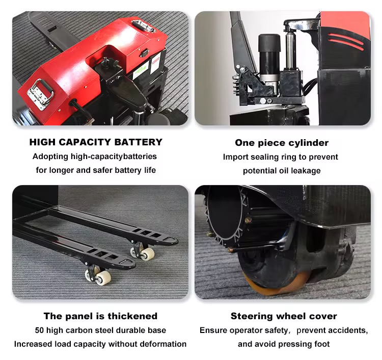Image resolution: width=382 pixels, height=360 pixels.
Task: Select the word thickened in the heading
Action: click(x=132, y=316)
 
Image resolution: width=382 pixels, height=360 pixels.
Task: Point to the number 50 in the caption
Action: click(x=39, y=330)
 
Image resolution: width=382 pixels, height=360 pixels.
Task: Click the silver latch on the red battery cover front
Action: click(x=40, y=94)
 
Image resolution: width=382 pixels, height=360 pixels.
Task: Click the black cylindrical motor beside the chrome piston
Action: click(x=269, y=57)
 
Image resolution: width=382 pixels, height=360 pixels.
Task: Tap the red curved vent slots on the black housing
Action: click(x=346, y=41)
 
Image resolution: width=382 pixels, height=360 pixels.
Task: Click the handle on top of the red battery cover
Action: click(x=144, y=26)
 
